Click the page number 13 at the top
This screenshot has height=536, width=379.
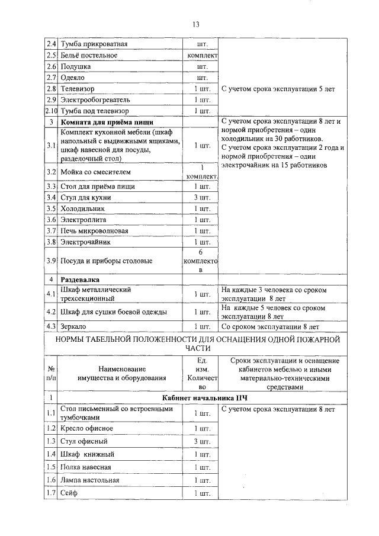tap(195, 24)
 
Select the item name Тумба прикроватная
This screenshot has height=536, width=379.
tap(94, 44)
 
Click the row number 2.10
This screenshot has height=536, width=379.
tap(52, 111)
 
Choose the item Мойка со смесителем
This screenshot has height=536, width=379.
tap(95, 172)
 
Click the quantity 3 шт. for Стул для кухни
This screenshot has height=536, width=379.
tap(202, 198)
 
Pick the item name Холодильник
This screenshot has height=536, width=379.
tap(83, 209)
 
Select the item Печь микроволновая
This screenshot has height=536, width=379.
tap(94, 231)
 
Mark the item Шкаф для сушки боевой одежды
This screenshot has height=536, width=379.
tap(113, 312)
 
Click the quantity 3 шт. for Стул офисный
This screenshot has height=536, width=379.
tap(202, 442)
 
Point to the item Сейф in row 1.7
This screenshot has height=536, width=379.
tap(69, 493)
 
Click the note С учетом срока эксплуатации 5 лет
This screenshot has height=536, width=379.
tap(278, 89)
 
